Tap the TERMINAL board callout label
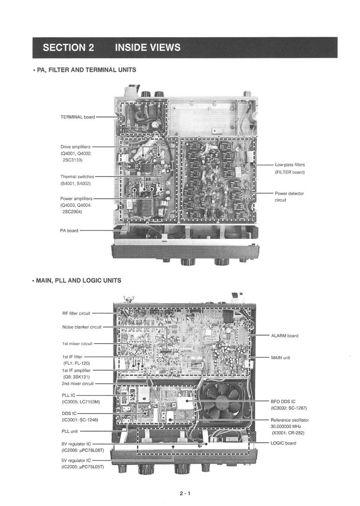point(78,117)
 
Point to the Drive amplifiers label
point(75,147)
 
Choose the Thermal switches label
point(77,177)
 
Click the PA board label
point(69,230)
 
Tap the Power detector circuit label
point(289,193)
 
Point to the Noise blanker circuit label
point(82,327)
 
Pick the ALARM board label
point(284,336)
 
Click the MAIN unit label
point(280,357)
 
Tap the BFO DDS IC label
point(284,401)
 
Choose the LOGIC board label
point(283,443)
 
